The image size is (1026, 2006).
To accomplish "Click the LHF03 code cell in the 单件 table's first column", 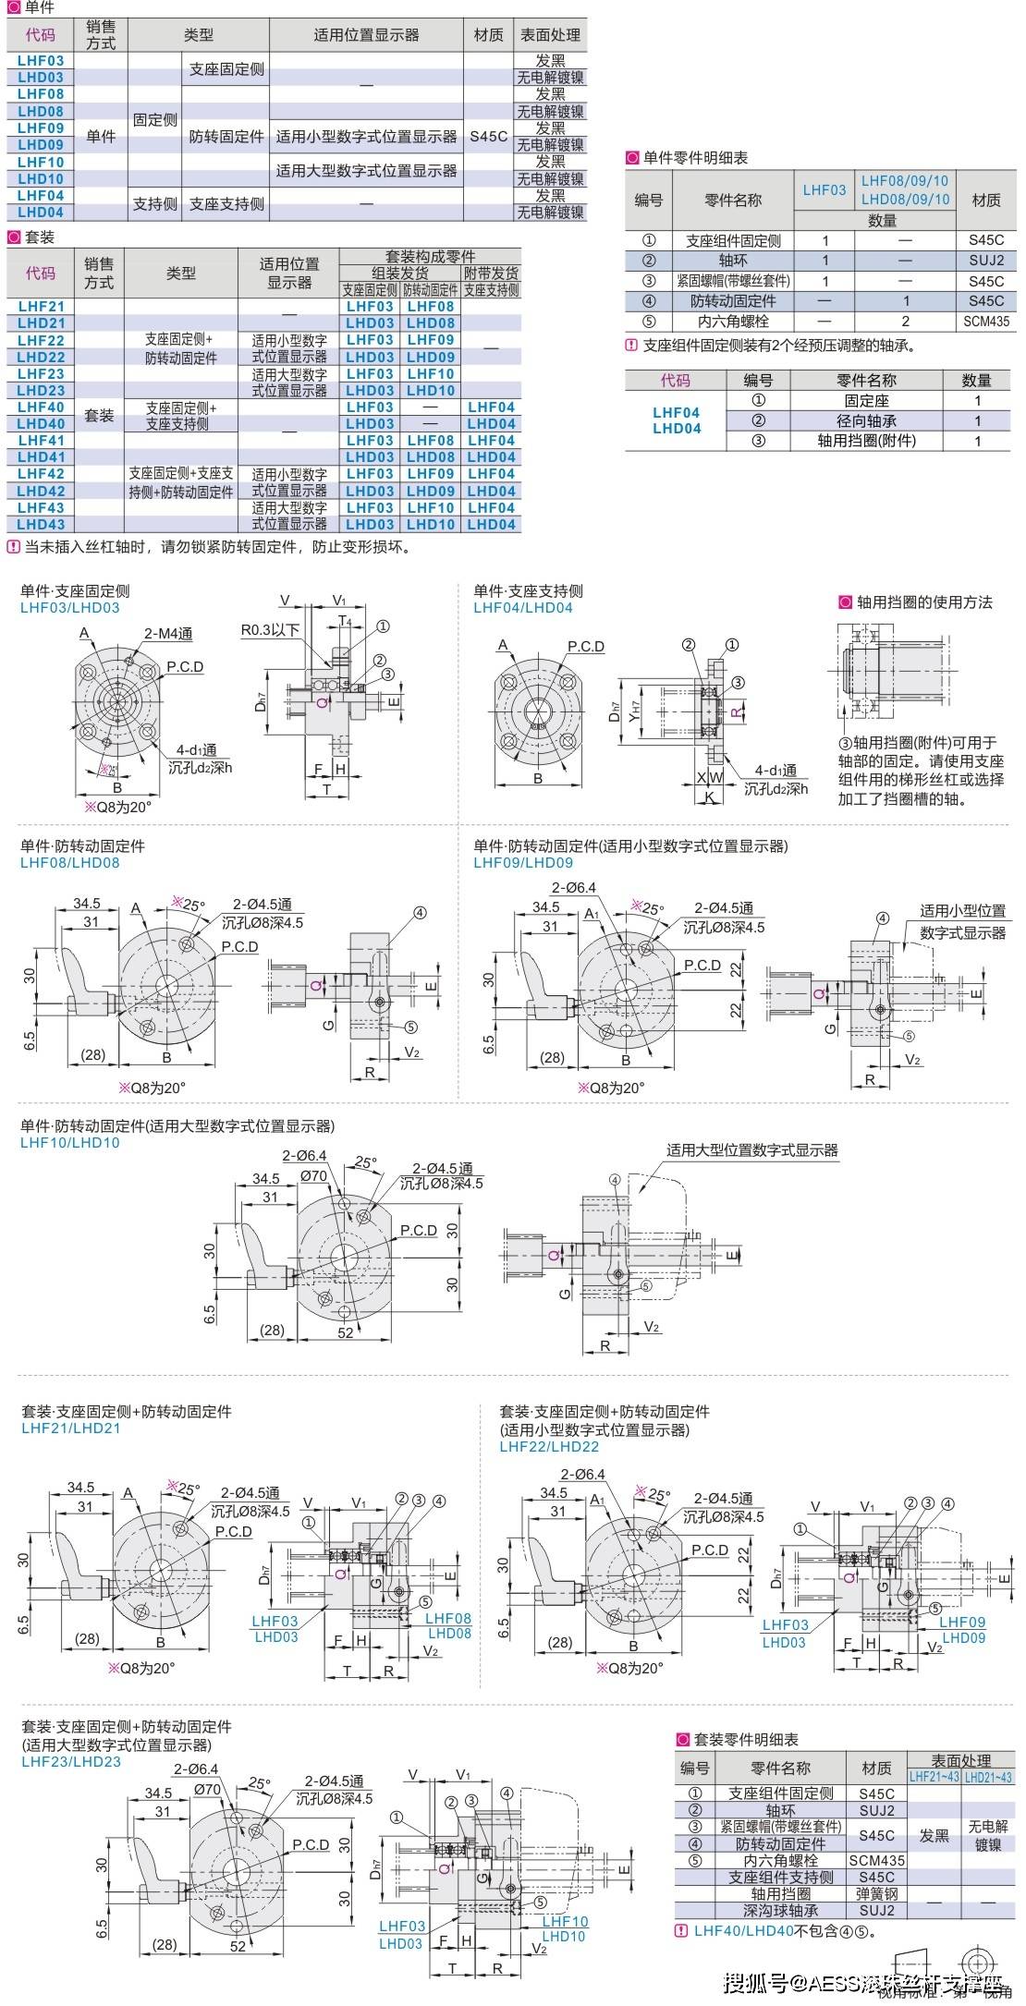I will [41, 61].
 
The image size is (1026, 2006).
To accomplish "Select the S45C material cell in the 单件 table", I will [488, 137].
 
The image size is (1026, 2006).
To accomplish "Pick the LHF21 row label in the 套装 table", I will [41, 307].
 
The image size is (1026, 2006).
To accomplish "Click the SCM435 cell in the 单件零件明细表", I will [986, 322].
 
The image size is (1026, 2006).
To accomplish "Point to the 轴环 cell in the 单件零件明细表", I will [732, 261].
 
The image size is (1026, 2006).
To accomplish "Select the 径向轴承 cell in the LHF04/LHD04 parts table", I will [865, 420].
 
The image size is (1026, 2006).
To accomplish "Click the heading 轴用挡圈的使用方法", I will [923, 602].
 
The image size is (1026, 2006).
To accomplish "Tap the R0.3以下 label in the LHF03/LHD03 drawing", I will [270, 630].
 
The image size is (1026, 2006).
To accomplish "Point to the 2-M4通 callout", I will [168, 634].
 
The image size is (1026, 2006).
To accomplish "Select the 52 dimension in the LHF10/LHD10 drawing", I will [346, 1332].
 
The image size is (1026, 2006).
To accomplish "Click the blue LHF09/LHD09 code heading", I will [523, 863].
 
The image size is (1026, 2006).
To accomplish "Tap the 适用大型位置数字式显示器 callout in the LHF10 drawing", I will [751, 1150].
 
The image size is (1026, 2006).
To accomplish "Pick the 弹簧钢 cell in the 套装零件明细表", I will [876, 1893].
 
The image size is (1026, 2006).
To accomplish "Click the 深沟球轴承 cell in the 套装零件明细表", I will [780, 1910].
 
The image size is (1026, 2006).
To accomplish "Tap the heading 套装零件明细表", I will [745, 1740].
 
